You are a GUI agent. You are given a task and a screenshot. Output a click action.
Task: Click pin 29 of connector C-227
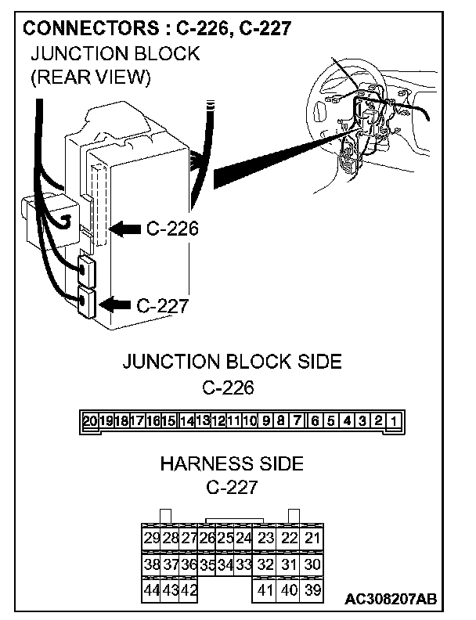pos(152,538)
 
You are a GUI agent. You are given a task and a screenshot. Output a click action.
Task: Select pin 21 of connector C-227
pos(312,538)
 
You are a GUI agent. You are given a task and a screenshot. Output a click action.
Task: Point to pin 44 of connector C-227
pos(152,589)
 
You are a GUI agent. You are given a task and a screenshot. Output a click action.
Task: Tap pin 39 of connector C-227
pos(312,589)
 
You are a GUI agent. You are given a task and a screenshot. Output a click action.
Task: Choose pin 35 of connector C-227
pos(207,564)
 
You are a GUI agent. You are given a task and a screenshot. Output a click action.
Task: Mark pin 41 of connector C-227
pos(265,589)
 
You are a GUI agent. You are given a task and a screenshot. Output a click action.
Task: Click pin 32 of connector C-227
pos(265,564)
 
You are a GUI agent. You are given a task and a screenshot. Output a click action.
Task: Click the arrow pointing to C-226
pos(124,229)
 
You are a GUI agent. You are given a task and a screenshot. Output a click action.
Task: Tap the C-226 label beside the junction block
pos(171,229)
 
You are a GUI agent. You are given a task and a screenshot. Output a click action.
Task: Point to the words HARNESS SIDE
pos(231,463)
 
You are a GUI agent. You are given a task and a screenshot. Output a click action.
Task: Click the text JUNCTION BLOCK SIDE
pos(232,362)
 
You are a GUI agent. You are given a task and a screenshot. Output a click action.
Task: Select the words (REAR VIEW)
pos(89,78)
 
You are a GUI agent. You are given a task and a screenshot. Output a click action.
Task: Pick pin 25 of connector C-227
pos(225,538)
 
